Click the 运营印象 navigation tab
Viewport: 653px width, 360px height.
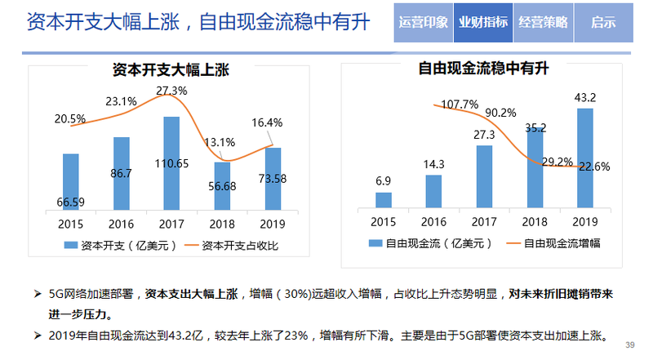424,22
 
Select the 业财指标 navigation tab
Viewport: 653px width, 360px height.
483,22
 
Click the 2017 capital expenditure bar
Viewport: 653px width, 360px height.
171,163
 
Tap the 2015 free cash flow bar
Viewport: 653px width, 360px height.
384,201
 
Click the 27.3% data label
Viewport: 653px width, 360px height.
171,90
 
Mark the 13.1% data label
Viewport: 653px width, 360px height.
221,141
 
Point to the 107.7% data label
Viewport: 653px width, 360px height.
459,104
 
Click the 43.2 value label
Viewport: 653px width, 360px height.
585,97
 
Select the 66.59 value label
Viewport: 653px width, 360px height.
71,202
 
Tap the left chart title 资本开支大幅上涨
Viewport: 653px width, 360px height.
171,70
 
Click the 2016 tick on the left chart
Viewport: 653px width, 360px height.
122,222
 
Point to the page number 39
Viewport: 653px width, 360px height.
629,345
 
